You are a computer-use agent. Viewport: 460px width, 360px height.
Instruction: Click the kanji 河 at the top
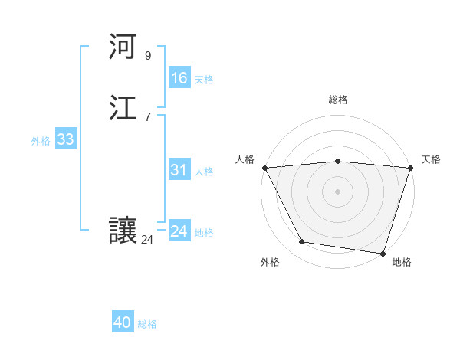pos(123,48)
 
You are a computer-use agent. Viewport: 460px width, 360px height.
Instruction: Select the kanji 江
pos(123,110)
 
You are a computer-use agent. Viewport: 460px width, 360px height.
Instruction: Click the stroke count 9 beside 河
pos(147,56)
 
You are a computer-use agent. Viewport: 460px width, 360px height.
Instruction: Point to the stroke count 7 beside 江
pos(147,117)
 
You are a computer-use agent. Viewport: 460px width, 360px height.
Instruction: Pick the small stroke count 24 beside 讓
pos(147,240)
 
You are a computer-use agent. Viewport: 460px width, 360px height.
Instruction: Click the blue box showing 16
pos(179,78)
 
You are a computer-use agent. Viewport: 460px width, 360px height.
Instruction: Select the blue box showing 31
pos(179,170)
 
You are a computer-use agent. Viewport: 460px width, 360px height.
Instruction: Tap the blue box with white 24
pos(179,231)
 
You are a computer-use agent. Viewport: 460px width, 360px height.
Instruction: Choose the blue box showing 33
pos(65,139)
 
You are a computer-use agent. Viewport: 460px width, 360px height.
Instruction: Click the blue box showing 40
pos(123,322)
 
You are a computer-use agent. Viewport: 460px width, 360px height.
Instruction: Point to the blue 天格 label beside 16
pos(204,80)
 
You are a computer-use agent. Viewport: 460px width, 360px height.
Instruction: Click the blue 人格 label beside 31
pos(204,172)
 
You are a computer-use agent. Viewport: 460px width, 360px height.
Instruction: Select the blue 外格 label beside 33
pos(41,141)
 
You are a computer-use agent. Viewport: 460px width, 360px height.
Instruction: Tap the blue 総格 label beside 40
pos(147,324)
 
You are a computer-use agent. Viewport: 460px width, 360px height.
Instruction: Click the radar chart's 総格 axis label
pos(337,100)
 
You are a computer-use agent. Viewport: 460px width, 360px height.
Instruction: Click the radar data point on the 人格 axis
pos(264,168)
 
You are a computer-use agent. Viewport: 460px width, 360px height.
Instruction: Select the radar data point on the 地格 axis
pos(383,253)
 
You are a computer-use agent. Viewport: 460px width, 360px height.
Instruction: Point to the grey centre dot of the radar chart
pos(337,191)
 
